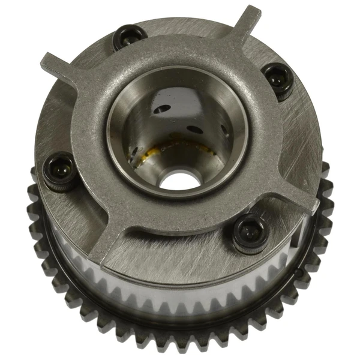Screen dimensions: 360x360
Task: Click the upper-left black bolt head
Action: (130, 38)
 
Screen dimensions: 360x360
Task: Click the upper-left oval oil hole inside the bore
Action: (160, 110)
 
